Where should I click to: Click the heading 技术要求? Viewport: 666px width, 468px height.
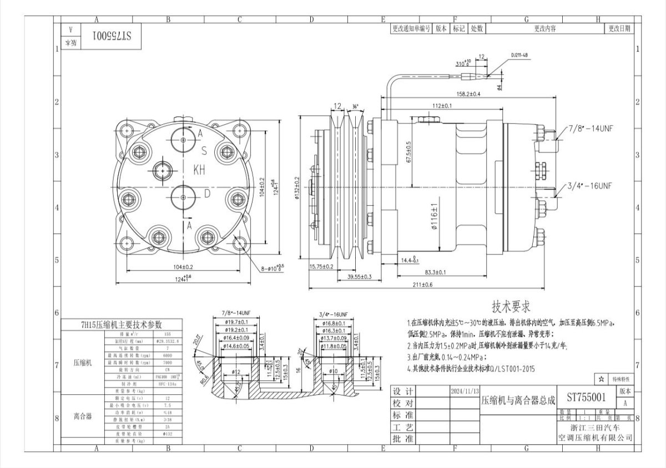pyautogui.click(x=512, y=306)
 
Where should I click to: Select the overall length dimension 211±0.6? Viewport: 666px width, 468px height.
pyautogui.click(x=422, y=285)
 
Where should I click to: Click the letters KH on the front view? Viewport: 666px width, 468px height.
pyautogui.click(x=199, y=170)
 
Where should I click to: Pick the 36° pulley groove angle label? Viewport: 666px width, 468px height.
pyautogui.click(x=355, y=106)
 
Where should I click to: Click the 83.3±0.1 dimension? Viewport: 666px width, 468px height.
pyautogui.click(x=435, y=272)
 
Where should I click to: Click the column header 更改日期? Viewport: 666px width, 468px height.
pyautogui.click(x=619, y=28)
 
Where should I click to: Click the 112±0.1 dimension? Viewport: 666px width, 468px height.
pyautogui.click(x=442, y=105)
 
